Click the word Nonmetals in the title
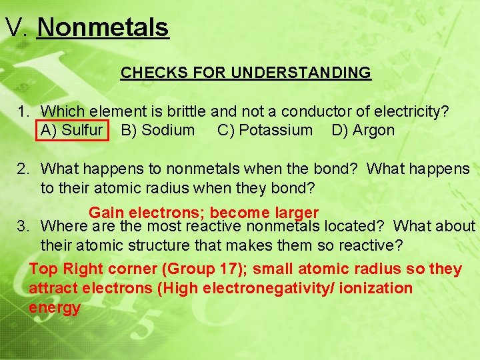point(103,27)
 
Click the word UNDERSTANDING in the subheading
point(301,73)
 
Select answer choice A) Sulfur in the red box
point(72,130)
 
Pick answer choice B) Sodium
point(157,130)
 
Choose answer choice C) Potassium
point(265,130)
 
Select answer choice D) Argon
point(363,130)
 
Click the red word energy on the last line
point(55,308)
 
